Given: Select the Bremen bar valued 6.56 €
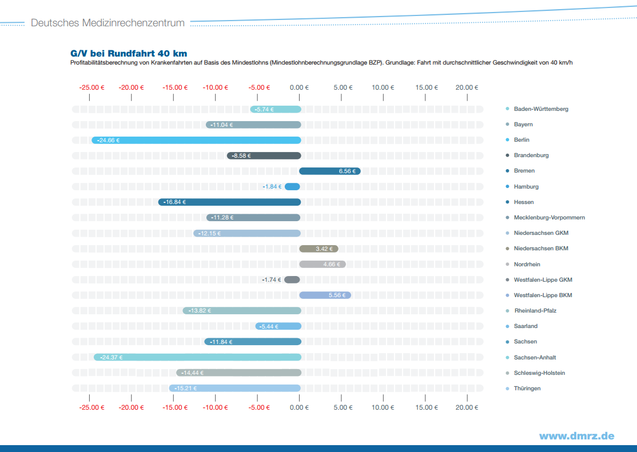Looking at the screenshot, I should tap(329, 171).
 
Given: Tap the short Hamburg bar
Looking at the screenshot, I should tap(292, 186).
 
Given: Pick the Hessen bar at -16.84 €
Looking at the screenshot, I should tap(229, 202).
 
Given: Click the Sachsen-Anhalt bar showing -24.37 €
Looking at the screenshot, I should tap(197, 357).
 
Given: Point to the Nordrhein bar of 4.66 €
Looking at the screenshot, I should tap(323, 264).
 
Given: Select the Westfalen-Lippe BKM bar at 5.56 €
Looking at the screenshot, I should tap(325, 295).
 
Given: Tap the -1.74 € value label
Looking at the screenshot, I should tap(272, 280).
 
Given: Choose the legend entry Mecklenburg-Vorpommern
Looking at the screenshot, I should tap(549, 218).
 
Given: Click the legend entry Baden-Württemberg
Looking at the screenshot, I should tap(541, 109).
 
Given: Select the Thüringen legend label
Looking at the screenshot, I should tap(527, 389).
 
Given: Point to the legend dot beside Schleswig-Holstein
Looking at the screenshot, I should tap(508, 373).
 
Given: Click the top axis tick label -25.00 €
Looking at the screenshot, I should tap(91, 87).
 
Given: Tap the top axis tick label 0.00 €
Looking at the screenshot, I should tap(299, 87).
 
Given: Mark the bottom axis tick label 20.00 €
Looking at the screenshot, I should tap(467, 407).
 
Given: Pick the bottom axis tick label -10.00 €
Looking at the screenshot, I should tap(216, 407).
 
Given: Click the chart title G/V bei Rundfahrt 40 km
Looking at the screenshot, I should tap(129, 54).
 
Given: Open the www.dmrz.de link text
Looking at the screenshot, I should tap(576, 436).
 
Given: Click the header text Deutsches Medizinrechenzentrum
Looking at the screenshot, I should tap(108, 23).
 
